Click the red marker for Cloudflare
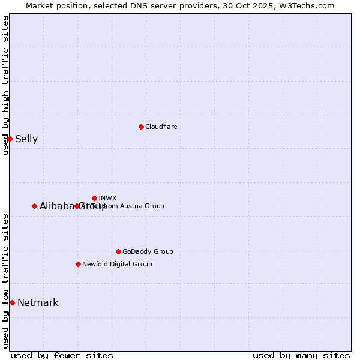click(x=141, y=127)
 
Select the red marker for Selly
click(x=10, y=139)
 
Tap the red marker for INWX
click(x=94, y=198)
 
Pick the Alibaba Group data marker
click(x=34, y=206)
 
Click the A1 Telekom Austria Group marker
click(x=77, y=206)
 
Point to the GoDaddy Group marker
click(x=118, y=251)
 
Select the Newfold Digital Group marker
click(x=78, y=264)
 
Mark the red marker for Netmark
click(x=12, y=302)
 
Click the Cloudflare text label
click(x=161, y=127)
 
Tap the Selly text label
click(x=26, y=139)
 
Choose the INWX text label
click(x=107, y=198)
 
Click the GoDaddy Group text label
click(x=148, y=251)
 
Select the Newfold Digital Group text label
click(x=117, y=264)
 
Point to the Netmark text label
click(x=38, y=303)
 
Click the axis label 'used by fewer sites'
click(x=62, y=355)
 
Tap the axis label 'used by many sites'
click(x=301, y=355)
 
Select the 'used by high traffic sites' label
click(x=6, y=85)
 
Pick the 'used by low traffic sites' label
click(x=6, y=280)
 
